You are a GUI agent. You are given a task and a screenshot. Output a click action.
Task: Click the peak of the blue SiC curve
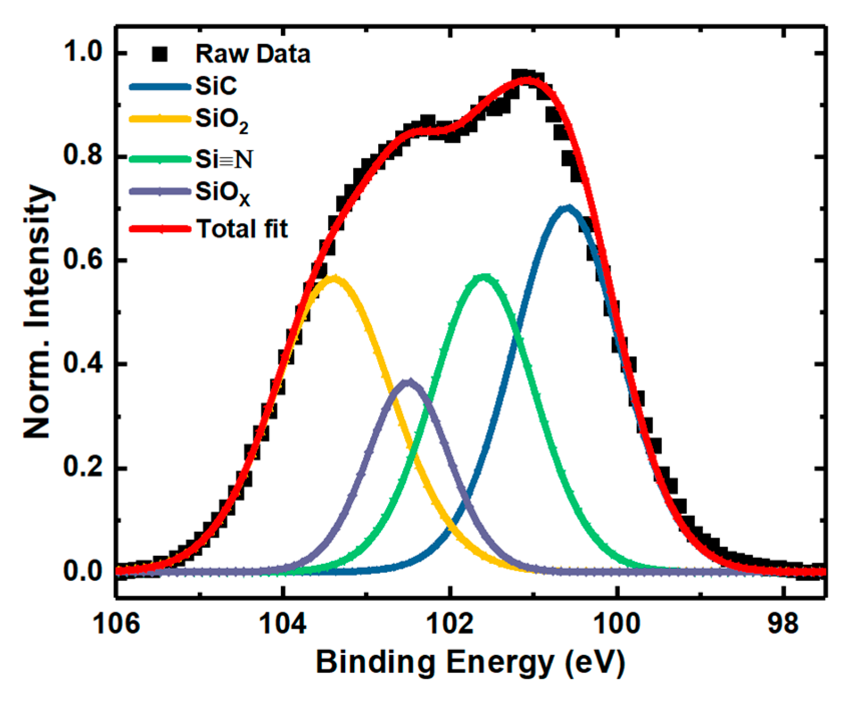coord(567,208)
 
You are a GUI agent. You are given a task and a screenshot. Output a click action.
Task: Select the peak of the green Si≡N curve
coord(484,277)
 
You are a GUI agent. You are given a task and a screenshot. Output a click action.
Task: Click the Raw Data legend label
coord(252,54)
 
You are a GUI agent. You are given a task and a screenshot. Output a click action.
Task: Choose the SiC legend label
coord(216,87)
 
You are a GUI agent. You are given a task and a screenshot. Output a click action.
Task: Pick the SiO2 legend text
coord(221,120)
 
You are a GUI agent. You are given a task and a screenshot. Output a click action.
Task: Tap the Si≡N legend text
coord(224,159)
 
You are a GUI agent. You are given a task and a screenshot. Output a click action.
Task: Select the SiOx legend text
coord(222,193)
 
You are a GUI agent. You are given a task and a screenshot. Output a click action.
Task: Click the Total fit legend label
coord(242,229)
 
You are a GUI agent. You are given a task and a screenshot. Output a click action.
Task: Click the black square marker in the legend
coord(160,54)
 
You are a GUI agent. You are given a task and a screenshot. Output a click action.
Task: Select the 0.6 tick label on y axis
coord(83,260)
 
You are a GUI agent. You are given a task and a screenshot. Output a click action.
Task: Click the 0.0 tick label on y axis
coord(83,571)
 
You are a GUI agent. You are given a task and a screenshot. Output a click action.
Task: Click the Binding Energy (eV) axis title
coord(470,662)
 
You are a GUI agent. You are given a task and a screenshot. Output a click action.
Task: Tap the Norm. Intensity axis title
coord(38,311)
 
